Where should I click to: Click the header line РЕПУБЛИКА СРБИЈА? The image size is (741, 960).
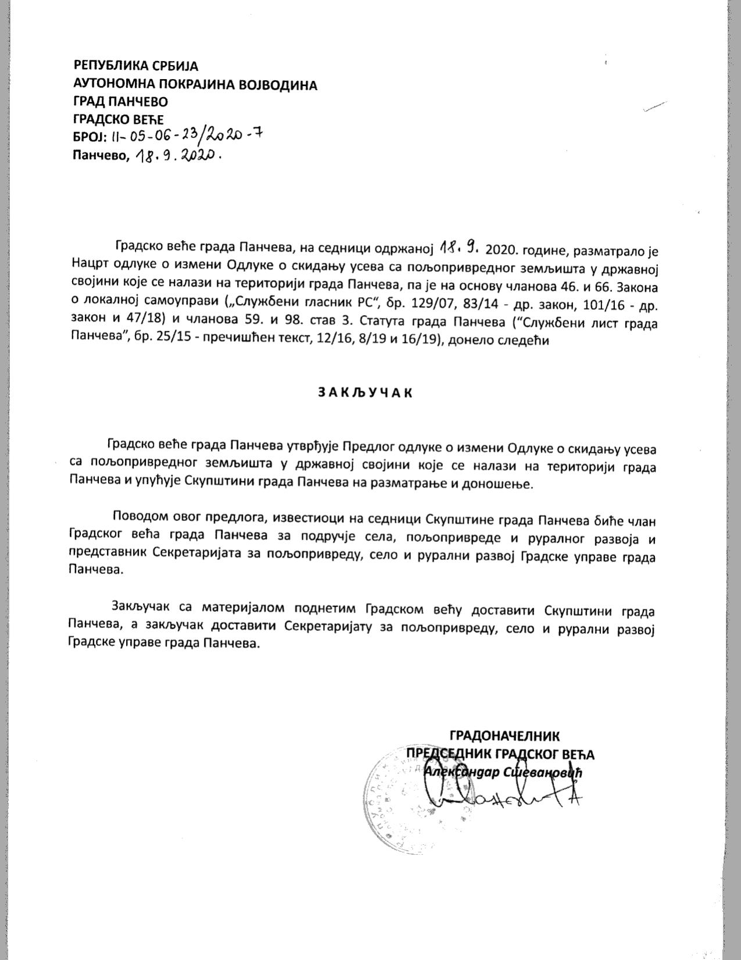click(136, 65)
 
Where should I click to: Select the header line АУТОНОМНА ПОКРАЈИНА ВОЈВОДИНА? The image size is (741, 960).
click(195, 85)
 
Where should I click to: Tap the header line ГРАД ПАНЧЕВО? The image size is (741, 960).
click(120, 102)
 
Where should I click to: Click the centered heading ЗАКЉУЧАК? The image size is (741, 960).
click(366, 392)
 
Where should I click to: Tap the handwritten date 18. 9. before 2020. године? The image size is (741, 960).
click(459, 248)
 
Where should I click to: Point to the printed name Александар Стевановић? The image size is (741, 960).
click(503, 772)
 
